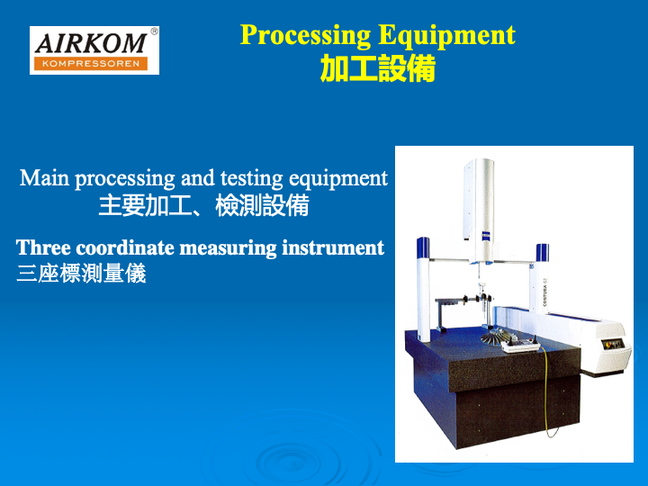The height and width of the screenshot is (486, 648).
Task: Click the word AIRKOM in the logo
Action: (91, 43)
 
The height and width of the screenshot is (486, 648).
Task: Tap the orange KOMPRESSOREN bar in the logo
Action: (91, 64)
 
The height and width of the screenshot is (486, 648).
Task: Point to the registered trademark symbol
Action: (154, 31)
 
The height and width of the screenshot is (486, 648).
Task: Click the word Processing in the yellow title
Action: (305, 35)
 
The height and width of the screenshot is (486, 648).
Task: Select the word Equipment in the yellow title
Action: (446, 35)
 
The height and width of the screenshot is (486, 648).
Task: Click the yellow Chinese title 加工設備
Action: (378, 68)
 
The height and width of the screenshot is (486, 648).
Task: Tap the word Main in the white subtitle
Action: (44, 178)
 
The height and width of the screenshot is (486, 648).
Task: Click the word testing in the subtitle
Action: (251, 178)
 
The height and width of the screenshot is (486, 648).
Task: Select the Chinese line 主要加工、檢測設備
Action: (203, 205)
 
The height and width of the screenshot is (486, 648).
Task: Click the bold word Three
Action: (43, 247)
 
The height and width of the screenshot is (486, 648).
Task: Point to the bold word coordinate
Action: (125, 247)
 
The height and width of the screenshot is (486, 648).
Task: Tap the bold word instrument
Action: (333, 247)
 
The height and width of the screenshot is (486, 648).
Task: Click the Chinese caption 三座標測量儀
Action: (81, 274)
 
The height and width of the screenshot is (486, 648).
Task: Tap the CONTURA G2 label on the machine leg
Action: (544, 293)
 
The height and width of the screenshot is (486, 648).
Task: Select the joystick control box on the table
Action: (521, 345)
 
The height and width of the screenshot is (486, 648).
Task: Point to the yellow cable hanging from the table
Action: (545, 392)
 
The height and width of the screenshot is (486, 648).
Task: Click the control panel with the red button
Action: (612, 344)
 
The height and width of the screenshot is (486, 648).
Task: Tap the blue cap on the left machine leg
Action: (423, 247)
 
